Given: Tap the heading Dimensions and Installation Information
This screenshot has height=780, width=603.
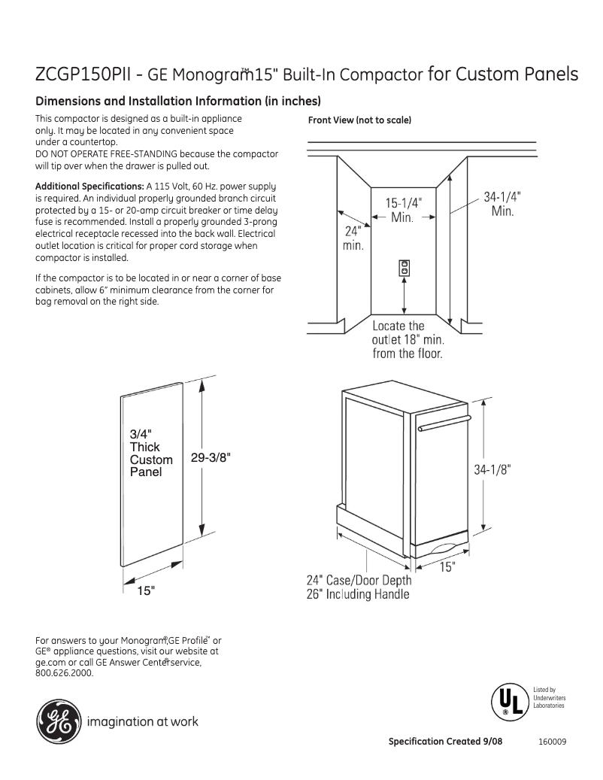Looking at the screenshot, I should click(179, 102).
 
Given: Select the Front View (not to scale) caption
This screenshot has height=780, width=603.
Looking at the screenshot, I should click(359, 120).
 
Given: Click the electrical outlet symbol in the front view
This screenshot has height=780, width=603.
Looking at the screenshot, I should click(405, 267).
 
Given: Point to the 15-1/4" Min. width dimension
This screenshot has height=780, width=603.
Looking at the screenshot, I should click(404, 209).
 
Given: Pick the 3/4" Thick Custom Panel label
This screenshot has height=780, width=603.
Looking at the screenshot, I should click(150, 453).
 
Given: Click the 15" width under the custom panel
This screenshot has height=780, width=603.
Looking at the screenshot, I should click(146, 591).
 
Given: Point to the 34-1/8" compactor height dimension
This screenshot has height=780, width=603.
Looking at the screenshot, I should click(492, 469).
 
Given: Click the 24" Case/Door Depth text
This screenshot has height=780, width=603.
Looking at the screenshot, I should click(359, 580).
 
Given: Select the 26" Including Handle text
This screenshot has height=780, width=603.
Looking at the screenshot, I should click(358, 594).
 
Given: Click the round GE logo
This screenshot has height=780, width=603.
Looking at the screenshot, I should click(57, 721).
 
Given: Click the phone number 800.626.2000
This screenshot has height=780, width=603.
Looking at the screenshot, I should click(65, 672).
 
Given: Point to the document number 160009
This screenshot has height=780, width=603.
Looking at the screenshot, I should click(552, 742).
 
